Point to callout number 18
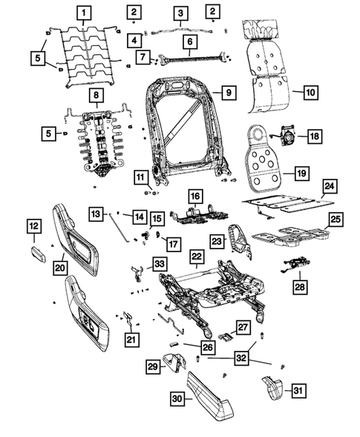(x=315, y=137)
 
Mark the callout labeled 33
(x=160, y=263)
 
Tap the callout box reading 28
(x=300, y=285)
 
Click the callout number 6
(x=189, y=42)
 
